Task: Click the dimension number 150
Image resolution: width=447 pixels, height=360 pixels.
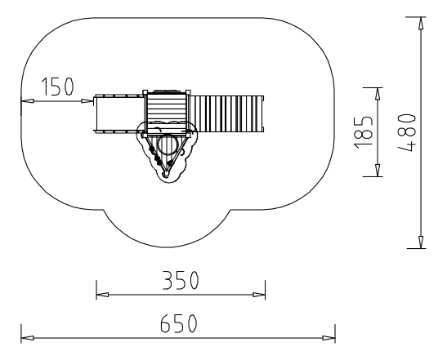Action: point(57,86)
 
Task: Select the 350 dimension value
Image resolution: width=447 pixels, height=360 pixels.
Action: point(181,280)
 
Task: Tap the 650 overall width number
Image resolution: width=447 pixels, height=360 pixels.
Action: point(179,323)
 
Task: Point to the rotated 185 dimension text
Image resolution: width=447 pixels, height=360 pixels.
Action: point(364,132)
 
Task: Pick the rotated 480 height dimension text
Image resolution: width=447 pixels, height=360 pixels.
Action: point(407,132)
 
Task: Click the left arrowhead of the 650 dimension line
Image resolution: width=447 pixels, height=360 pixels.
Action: point(28,338)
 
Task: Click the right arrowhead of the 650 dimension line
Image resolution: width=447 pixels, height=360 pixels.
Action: point(329,338)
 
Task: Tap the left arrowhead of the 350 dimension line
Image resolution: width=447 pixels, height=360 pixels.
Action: point(102,295)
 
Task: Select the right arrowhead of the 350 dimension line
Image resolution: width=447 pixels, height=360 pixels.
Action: point(259,295)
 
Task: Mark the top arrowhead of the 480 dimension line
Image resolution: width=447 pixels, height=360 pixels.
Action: point(421,24)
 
